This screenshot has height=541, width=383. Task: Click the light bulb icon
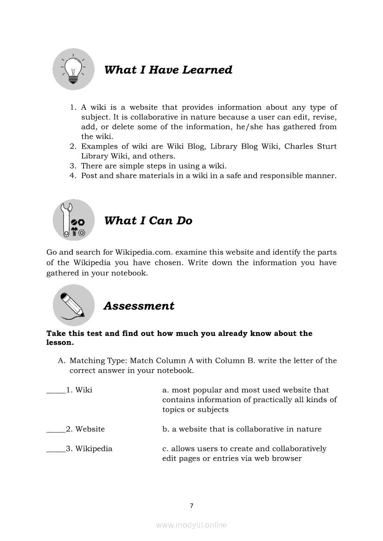[73, 69]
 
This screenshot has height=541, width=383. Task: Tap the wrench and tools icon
[73, 220]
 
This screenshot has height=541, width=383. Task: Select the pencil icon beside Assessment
[73, 305]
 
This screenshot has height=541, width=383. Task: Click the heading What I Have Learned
[168, 70]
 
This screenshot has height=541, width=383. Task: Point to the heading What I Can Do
[148, 221]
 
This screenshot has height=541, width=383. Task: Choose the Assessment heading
[139, 306]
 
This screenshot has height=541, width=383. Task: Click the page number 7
[191, 506]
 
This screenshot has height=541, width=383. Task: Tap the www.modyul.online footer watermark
[191, 525]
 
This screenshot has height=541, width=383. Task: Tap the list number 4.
[73, 176]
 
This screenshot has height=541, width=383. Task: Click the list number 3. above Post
[73, 166]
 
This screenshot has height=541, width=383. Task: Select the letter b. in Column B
[166, 429]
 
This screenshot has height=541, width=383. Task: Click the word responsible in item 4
[275, 176]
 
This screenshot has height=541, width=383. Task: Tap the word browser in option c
[287, 459]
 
